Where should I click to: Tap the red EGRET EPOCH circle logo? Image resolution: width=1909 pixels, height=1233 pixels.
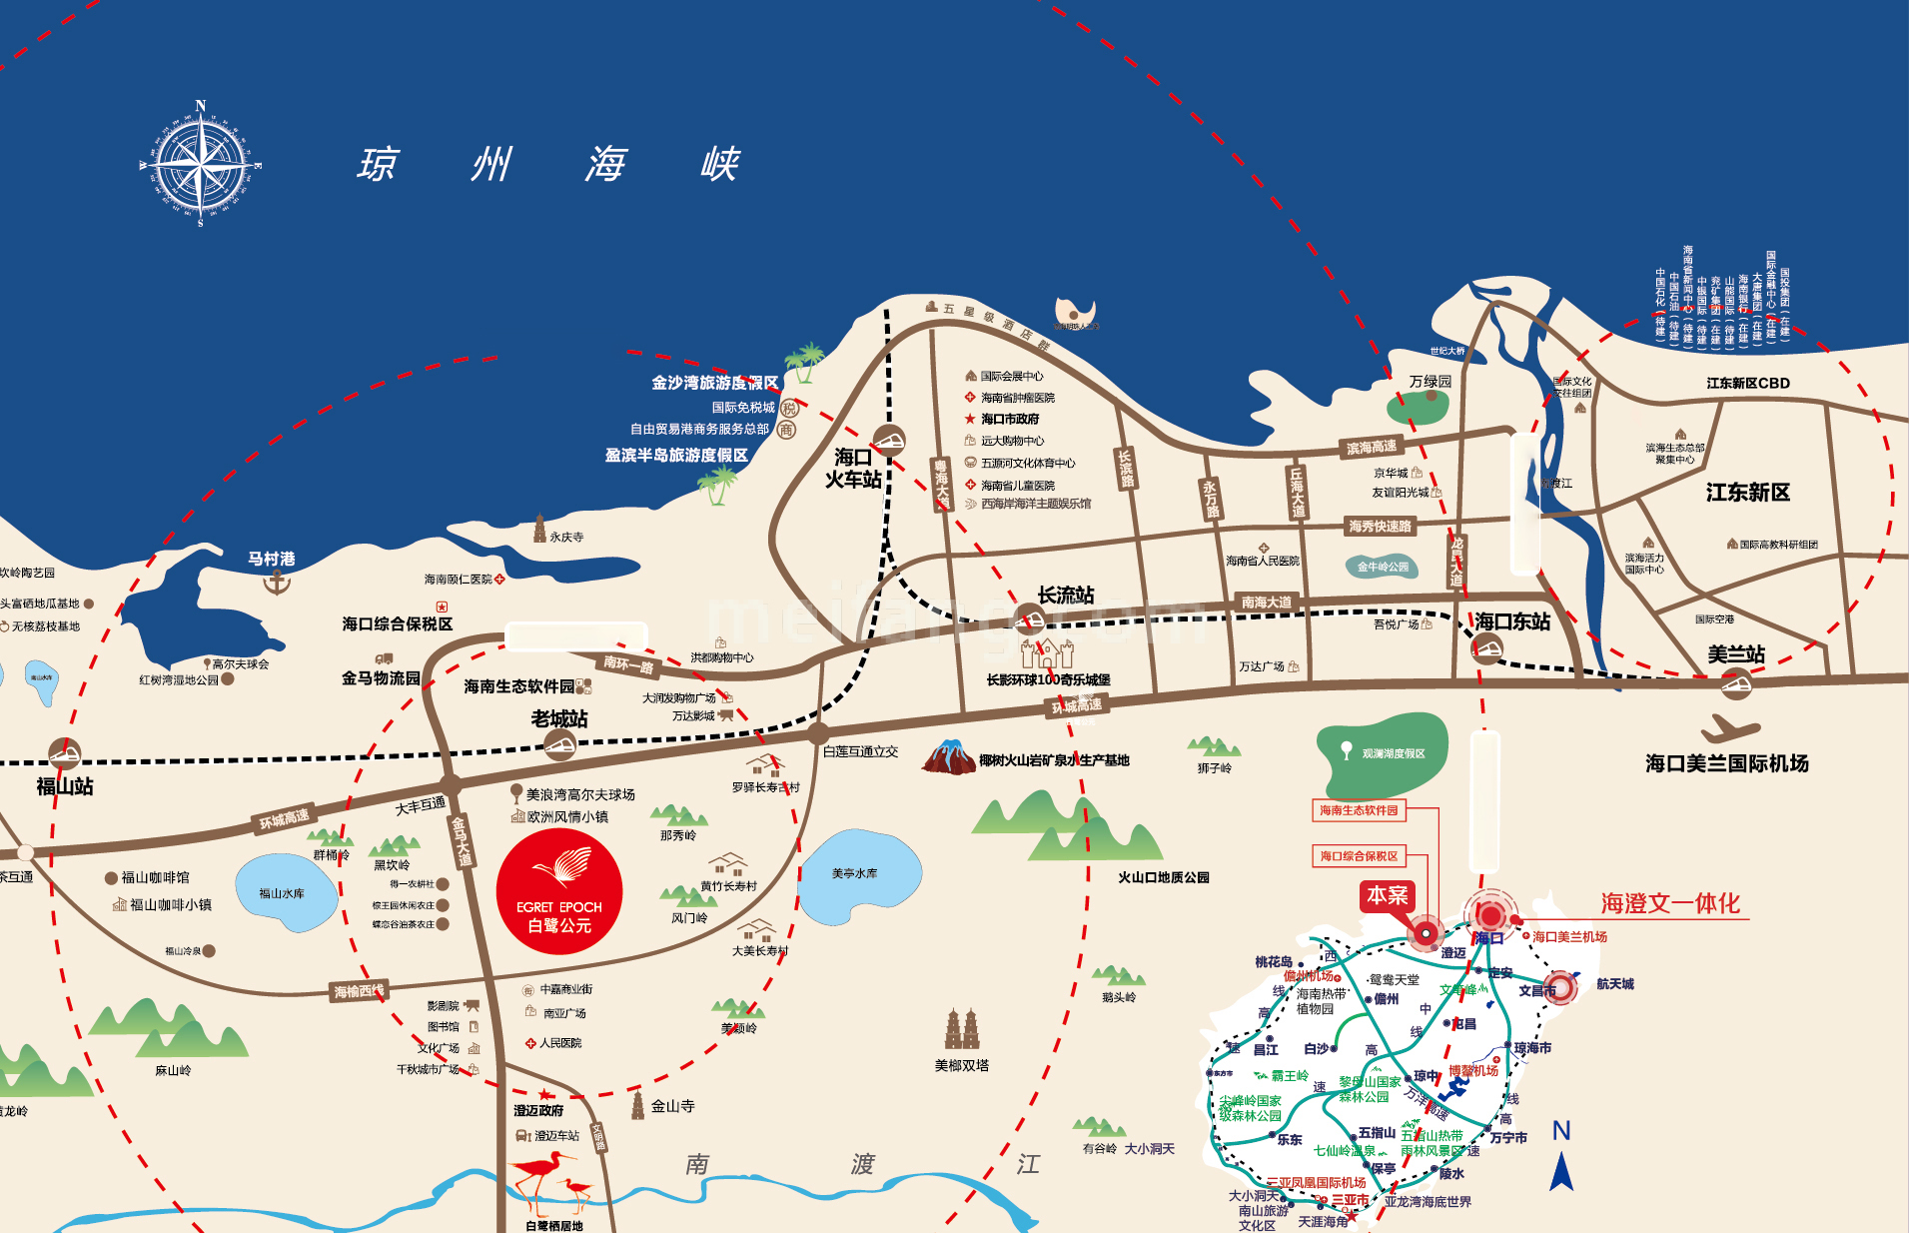[x=559, y=891]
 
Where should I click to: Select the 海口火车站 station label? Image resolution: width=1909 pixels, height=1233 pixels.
[x=853, y=469]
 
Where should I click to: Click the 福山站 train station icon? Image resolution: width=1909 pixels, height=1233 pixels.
[x=65, y=752]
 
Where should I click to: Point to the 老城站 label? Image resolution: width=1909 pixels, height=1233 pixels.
[x=559, y=718]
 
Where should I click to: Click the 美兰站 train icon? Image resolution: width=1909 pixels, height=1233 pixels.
[x=1736, y=683]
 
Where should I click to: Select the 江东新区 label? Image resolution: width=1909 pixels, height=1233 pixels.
[x=1747, y=492]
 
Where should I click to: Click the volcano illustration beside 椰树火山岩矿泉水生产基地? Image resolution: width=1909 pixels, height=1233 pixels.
[x=948, y=757]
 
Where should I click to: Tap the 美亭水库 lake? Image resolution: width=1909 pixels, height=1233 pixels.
[x=857, y=875]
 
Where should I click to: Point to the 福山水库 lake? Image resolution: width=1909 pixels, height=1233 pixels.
[x=284, y=892]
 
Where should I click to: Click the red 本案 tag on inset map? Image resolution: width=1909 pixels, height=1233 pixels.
[x=1388, y=895]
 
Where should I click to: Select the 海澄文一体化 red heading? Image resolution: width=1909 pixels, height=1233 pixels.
[x=1670, y=903]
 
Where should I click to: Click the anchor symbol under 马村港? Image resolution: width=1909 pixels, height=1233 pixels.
[x=276, y=582]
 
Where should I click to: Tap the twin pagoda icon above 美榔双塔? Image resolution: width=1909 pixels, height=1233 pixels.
[x=961, y=1028]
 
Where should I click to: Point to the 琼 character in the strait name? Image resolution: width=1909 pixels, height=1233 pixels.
[x=378, y=164]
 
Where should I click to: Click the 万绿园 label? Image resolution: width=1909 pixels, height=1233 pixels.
[x=1431, y=381]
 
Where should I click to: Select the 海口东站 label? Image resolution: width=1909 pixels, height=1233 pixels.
[x=1511, y=621]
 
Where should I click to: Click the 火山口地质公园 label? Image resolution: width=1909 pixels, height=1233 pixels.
[x=1163, y=877]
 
